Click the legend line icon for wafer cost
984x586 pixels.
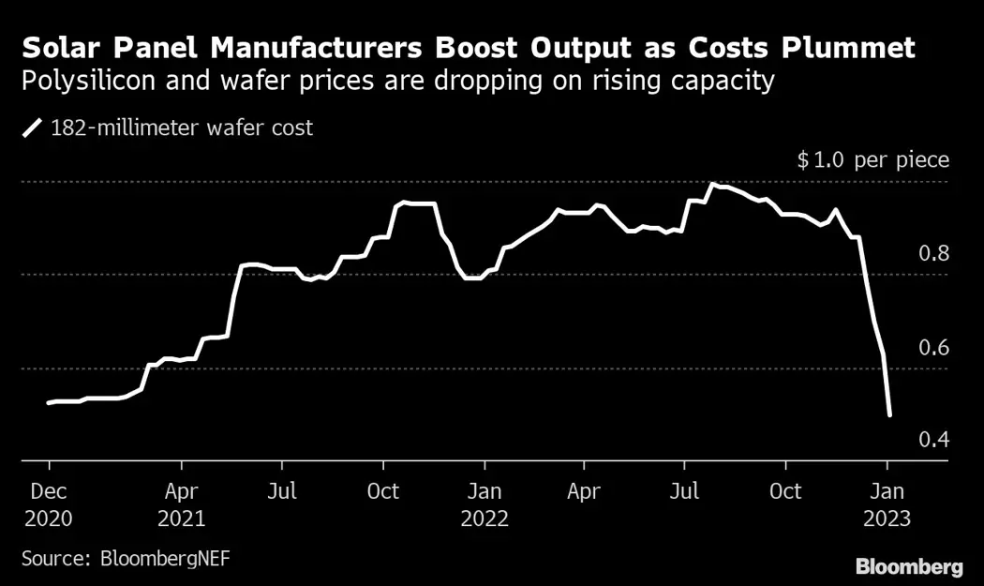(x=33, y=128)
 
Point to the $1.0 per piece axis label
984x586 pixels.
(x=872, y=160)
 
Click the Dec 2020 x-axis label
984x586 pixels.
(x=49, y=504)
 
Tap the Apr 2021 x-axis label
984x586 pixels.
(x=182, y=504)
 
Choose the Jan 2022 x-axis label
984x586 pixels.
(x=484, y=504)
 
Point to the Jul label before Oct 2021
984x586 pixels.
(x=282, y=491)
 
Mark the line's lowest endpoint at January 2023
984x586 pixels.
(x=888, y=414)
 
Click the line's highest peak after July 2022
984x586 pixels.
(x=713, y=184)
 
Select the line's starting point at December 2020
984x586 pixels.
(x=49, y=402)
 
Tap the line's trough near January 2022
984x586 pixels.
(x=471, y=278)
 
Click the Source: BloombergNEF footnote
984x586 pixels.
(x=126, y=559)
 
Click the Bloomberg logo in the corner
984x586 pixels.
(x=909, y=566)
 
